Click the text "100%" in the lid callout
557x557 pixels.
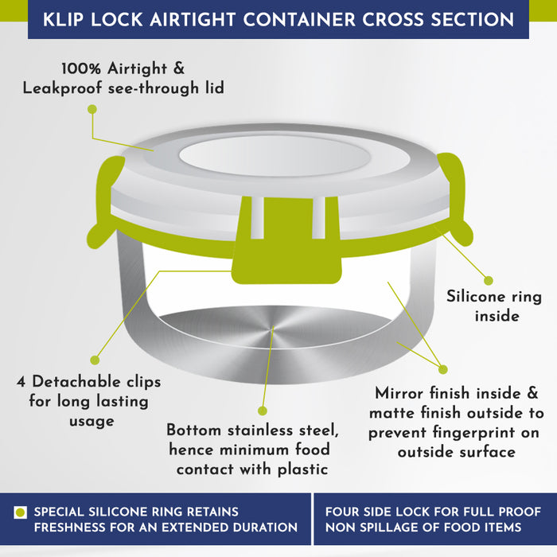click(81, 68)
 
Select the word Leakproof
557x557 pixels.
click(62, 88)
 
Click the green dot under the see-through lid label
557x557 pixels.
click(92, 110)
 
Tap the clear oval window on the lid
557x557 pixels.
click(275, 156)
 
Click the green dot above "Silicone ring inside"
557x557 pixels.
click(489, 281)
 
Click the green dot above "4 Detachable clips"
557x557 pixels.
click(95, 360)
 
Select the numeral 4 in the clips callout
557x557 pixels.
click(21, 382)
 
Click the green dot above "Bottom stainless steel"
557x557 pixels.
click(263, 411)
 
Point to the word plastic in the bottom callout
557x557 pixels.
click(302, 470)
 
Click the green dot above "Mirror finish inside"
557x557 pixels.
click(443, 369)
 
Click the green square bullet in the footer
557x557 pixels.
click(20, 512)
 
